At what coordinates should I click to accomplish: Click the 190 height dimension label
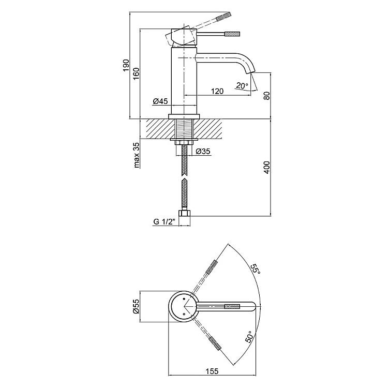click(126, 65)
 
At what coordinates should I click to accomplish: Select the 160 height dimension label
click(136, 73)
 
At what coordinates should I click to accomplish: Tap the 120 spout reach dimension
click(217, 91)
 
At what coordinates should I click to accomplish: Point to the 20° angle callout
click(242, 85)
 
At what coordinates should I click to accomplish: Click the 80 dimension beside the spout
click(266, 96)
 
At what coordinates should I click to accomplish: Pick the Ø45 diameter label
click(160, 101)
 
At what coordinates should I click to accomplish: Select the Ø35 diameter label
click(203, 151)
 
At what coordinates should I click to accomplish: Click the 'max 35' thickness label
click(136, 155)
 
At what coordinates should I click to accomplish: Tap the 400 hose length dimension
click(266, 167)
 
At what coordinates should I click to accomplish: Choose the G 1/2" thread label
click(164, 222)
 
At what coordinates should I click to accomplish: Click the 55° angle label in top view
click(256, 269)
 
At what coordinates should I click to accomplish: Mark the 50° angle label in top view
click(249, 337)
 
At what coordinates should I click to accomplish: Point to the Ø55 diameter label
click(136, 306)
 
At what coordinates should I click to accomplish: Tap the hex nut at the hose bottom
click(184, 214)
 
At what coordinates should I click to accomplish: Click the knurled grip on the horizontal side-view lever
click(232, 34)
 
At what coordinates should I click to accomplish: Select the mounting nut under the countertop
click(184, 143)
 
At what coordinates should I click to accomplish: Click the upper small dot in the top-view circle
click(184, 299)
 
